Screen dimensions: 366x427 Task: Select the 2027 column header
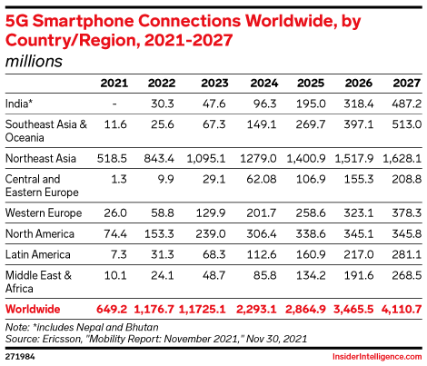coord(405,84)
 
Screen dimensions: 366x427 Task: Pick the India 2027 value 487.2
coord(404,104)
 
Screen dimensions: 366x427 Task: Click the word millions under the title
coord(34,62)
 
